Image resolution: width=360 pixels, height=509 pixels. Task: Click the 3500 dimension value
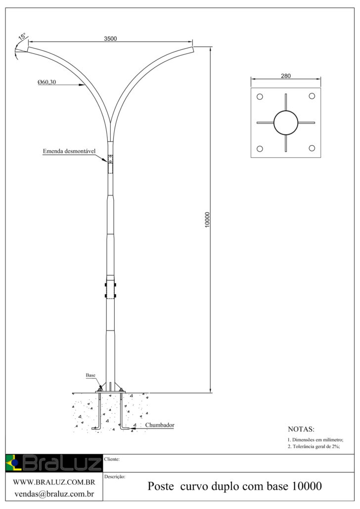tap(110, 39)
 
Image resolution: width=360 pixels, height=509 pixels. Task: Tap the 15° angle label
tap(22, 37)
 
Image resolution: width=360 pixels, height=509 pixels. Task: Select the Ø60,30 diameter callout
tap(46, 83)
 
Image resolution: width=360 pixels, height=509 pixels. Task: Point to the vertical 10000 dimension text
tap(207, 219)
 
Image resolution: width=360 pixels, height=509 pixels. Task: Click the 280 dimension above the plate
tap(286, 76)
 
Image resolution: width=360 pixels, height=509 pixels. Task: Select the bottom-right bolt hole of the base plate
tap(312, 148)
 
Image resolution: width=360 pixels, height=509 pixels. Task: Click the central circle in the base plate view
tap(286, 123)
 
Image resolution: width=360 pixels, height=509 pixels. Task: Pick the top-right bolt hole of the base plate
tap(312, 96)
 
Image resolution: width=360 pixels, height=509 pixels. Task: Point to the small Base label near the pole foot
tap(90, 376)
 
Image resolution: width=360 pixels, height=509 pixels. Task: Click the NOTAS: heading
tap(301, 429)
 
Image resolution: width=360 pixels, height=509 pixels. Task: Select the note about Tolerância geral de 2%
tap(314, 447)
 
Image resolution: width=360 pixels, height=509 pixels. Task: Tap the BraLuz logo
tap(53, 463)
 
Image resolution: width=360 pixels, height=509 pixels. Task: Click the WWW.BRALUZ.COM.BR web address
tap(53, 481)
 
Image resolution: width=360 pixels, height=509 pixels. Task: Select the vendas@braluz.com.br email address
tap(53, 493)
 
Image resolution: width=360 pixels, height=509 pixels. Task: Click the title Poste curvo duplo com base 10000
tap(235, 487)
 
